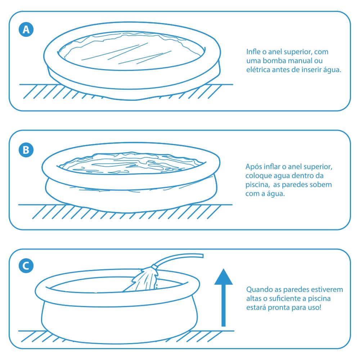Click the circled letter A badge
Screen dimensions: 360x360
coord(26,30)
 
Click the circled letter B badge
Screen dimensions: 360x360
coord(26,150)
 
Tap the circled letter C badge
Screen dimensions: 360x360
coord(26,266)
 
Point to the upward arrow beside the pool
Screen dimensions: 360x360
coord(224,298)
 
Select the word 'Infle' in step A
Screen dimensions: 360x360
coord(253,51)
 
